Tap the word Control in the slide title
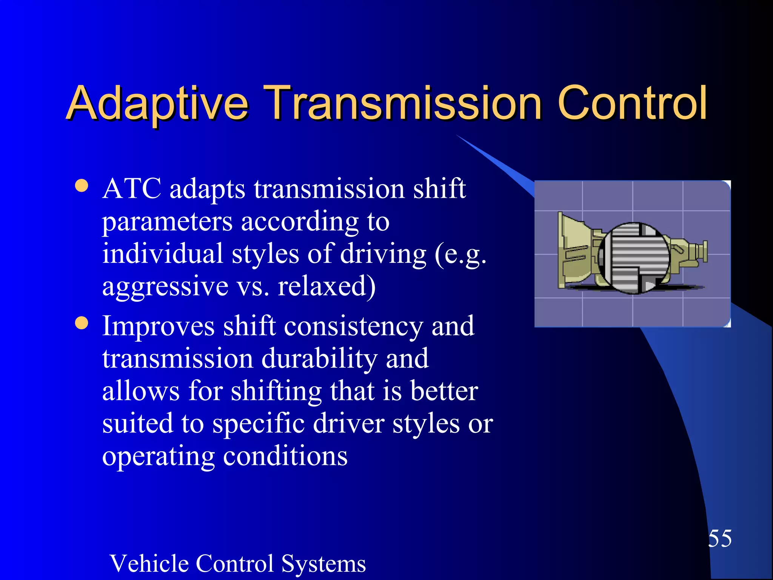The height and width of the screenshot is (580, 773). pyautogui.click(x=632, y=103)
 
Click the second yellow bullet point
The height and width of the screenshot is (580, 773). pyautogui.click(x=82, y=323)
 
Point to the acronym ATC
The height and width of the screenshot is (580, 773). pyautogui.click(x=132, y=188)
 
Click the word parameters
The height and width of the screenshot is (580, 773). pyautogui.click(x=167, y=222)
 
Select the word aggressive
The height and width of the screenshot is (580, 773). pyautogui.click(x=165, y=287)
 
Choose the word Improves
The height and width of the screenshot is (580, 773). pyautogui.click(x=158, y=327)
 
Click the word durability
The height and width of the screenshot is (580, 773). pyautogui.click(x=319, y=359)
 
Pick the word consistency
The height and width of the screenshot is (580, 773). pyautogui.click(x=353, y=327)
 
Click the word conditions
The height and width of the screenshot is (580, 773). pyautogui.click(x=285, y=456)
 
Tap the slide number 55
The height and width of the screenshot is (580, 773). pyautogui.click(x=720, y=538)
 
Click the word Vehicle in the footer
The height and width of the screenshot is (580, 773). pyautogui.click(x=149, y=563)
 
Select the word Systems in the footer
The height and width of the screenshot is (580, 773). pyautogui.click(x=323, y=563)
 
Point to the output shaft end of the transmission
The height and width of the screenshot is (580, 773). pyautogui.click(x=702, y=251)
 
